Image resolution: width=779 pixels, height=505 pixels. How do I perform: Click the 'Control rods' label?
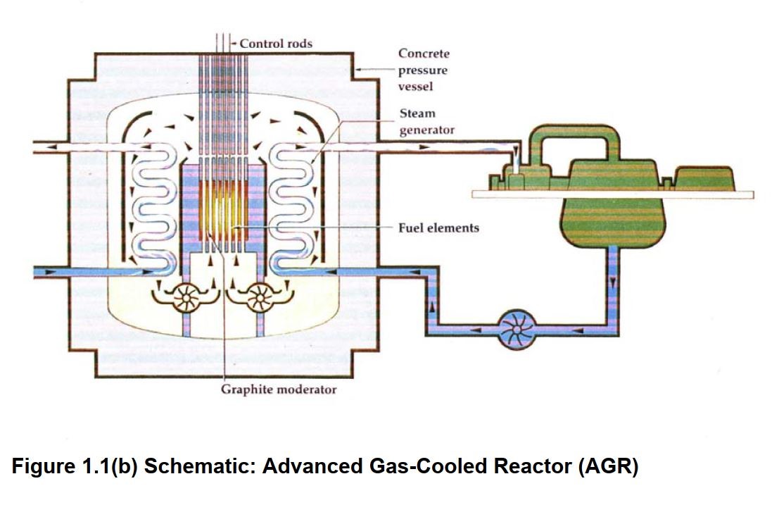point(276,44)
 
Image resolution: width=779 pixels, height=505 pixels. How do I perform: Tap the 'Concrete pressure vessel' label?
point(424,70)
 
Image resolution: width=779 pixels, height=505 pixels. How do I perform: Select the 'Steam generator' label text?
point(426,121)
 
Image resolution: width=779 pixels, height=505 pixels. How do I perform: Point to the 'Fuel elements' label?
point(438,227)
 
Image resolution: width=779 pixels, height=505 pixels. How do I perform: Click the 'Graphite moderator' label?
point(278,389)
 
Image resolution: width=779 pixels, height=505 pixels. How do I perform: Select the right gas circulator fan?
point(260,297)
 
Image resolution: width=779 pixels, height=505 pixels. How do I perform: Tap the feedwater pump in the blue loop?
point(517,329)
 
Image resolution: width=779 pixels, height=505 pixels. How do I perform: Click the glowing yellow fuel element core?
point(223,211)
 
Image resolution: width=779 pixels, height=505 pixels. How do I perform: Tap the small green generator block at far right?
point(705,178)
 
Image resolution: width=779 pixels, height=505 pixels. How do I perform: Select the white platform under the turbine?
point(612,194)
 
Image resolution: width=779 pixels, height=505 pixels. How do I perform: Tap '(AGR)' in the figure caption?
point(608,467)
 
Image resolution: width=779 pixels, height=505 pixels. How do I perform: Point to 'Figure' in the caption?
point(42,467)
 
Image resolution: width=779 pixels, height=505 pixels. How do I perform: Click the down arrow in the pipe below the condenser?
point(612,282)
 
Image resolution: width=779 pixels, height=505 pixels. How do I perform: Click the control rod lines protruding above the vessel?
point(223,43)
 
